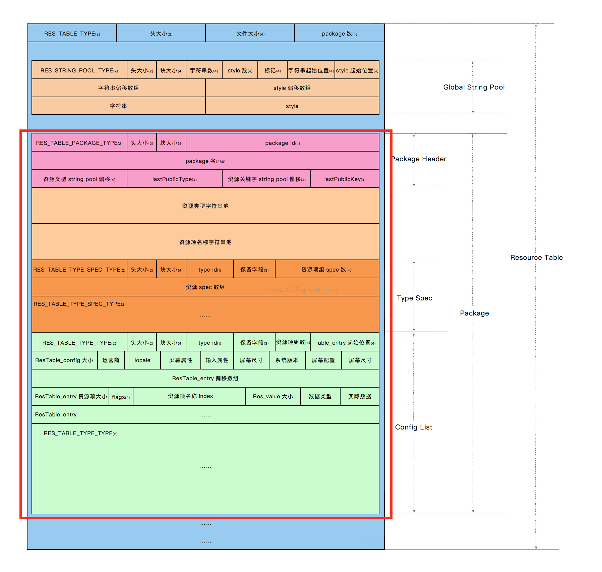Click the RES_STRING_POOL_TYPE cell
[79, 70]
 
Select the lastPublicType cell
[174, 179]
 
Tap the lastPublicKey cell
[345, 179]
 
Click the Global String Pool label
[474, 87]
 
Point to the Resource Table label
[536, 258]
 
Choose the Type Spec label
[414, 298]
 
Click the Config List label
[414, 427]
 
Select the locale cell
[142, 360]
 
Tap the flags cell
[121, 397]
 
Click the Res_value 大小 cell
[273, 396]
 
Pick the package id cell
[282, 143]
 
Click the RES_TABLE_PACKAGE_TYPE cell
[79, 143]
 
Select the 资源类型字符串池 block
[205, 206]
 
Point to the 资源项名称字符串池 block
[205, 242]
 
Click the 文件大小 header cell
[250, 34]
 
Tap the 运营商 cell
[111, 360]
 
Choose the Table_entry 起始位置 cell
[345, 343]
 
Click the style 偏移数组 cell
[292, 88]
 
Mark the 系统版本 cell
[287, 360]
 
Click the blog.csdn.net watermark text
[304, 289]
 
